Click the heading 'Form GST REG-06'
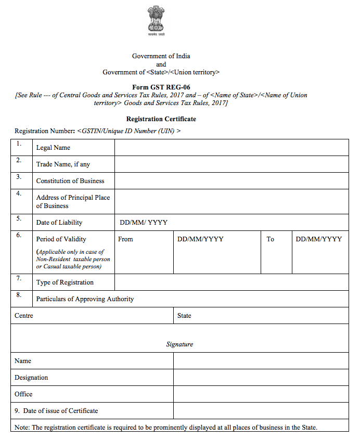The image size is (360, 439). (161, 87)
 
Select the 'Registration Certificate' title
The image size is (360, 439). (161, 119)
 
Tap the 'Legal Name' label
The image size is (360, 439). (53, 148)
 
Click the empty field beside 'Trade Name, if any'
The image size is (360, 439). (232, 164)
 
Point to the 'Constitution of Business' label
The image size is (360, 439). (70, 181)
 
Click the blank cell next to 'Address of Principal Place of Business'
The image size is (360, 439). (232, 201)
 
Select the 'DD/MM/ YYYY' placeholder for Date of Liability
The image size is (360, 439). (144, 223)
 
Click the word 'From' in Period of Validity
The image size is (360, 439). (125, 239)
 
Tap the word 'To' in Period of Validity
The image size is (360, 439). (271, 239)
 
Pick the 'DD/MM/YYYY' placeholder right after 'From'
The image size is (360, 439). (200, 239)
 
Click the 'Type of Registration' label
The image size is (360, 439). (65, 282)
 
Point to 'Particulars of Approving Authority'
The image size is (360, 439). (85, 299)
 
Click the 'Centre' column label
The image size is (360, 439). (24, 316)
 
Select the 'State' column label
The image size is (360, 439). (184, 316)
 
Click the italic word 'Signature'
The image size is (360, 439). (179, 344)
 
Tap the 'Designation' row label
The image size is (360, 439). (31, 378)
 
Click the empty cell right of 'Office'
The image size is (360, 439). (261, 394)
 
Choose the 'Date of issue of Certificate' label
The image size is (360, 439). (60, 411)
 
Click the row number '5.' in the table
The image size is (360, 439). (19, 218)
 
